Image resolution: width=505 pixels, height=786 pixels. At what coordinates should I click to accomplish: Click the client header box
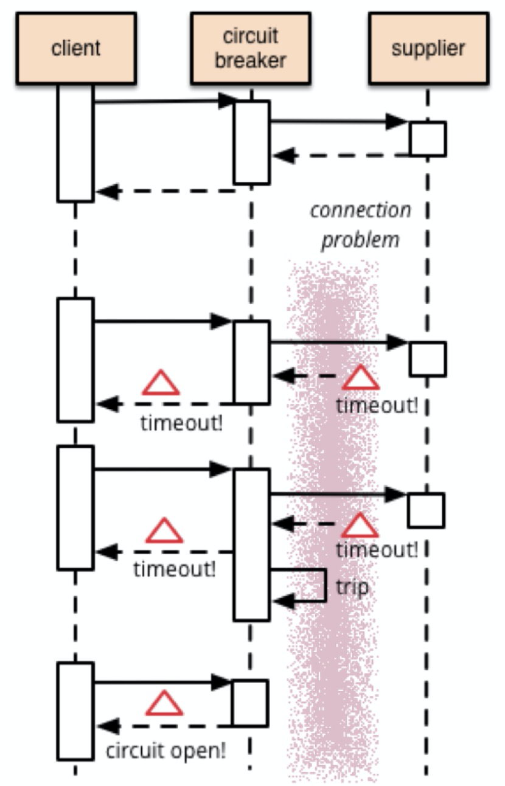(76, 49)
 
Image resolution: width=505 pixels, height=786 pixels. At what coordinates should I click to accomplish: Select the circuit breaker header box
(251, 49)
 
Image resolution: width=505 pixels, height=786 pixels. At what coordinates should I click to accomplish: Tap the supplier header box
(428, 49)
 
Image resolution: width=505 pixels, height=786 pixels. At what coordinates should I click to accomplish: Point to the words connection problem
(361, 225)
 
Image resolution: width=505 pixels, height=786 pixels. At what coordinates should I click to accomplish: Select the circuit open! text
(165, 751)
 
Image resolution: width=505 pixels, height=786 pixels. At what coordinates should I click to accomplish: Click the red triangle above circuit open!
(164, 703)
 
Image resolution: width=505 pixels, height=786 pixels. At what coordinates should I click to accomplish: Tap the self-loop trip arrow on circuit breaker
(298, 585)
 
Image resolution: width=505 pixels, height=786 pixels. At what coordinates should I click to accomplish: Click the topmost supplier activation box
(428, 139)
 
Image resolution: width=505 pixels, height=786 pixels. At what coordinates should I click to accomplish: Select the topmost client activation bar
(75, 143)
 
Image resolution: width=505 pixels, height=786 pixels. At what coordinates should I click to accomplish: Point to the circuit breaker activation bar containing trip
(252, 545)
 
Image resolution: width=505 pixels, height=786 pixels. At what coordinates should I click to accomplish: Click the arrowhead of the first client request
(228, 101)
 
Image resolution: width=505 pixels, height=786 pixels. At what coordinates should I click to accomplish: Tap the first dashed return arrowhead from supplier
(284, 156)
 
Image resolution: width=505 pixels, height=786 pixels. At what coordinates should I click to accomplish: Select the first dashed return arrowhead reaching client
(108, 192)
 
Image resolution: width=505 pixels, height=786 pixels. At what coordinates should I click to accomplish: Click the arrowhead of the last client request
(221, 682)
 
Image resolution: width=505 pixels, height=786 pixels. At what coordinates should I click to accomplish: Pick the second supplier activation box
(428, 358)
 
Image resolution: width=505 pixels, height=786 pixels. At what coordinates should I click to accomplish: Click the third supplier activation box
(427, 510)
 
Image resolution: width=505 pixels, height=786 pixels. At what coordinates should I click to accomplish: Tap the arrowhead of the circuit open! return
(108, 726)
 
